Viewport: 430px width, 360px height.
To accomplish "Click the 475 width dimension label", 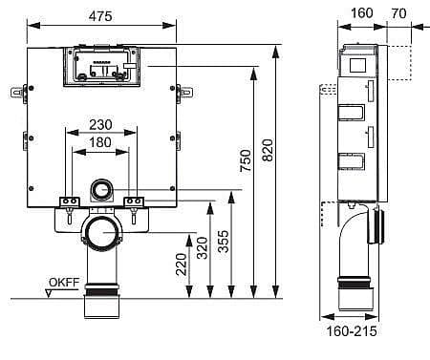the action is click(100, 16).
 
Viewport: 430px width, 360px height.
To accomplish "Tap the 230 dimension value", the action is click(100, 125).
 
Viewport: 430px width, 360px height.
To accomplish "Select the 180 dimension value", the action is click(100, 142).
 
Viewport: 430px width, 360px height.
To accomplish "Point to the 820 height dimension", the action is click(268, 150).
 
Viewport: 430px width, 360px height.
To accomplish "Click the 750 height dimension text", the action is click(246, 160).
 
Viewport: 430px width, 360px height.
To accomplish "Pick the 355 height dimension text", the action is click(224, 242).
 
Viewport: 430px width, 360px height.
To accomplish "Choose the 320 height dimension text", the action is click(202, 248).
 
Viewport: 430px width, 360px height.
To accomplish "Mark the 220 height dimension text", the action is click(182, 265).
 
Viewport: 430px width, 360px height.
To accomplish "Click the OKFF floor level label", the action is click(64, 283).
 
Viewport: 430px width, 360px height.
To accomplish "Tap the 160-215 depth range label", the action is click(352, 331).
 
